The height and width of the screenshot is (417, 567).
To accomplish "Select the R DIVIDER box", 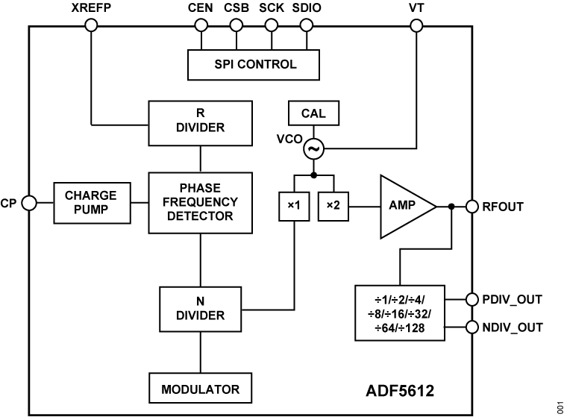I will click(200, 120).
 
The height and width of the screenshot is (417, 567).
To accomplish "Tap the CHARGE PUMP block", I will click(91, 202).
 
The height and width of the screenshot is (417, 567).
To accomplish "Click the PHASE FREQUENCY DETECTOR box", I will click(200, 201).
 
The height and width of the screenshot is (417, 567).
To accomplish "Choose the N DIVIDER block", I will click(200, 308).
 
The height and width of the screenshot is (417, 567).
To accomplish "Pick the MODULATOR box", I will click(200, 389).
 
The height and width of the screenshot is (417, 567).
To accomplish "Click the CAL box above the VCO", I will click(312, 115).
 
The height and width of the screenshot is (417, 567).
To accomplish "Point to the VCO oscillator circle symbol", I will click(313, 149).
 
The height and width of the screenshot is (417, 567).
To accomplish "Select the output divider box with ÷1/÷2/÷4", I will click(399, 313).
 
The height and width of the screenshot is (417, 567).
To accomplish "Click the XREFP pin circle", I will click(91, 25).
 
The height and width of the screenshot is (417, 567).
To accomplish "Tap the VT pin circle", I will click(416, 25).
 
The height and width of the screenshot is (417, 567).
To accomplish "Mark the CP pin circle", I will click(29, 202).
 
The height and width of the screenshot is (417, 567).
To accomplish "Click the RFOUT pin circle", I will click(472, 206).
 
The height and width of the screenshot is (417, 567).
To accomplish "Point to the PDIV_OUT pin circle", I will click(472, 300).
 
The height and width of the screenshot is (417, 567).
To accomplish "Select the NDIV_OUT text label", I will click(513, 327).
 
